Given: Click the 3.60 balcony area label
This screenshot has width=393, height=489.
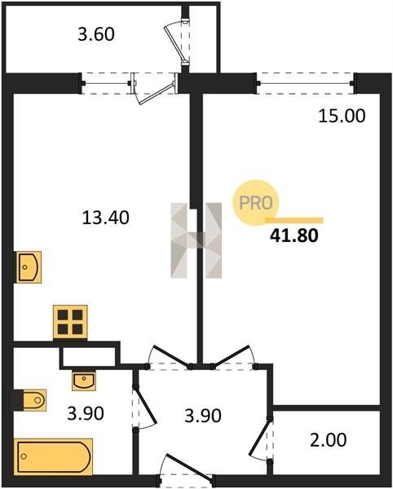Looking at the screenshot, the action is coord(96,34).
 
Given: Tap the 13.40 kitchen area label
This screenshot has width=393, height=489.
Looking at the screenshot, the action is coord(106,218).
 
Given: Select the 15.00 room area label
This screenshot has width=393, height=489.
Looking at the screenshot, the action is coord(342,116).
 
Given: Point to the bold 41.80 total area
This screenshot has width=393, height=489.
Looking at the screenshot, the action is coord(294,236).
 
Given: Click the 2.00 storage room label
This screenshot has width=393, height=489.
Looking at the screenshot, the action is coord(328,440).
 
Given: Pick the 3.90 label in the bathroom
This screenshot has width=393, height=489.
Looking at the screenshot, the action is coord(86,413).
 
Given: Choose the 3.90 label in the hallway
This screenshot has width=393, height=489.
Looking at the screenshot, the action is coord(203,416).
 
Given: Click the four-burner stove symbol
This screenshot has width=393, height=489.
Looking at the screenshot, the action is coord(70,322).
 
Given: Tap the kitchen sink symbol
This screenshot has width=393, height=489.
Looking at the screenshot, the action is coord(29,267).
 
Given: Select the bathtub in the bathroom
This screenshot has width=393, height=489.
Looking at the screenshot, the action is coord(53,456).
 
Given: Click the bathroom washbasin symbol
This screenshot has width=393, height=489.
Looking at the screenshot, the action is coord(84,380).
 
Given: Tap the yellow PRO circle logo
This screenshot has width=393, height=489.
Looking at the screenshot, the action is coord(256,203).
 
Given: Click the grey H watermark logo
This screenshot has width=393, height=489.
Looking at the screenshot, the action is coord(196,240).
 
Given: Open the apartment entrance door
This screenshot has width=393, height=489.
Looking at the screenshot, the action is coord(188,472).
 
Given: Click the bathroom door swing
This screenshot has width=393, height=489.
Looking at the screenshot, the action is coord(144,407).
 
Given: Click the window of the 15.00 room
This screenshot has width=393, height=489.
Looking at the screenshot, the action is coord(306,83).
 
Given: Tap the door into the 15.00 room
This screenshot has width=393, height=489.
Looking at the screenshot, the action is coord(233,358).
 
